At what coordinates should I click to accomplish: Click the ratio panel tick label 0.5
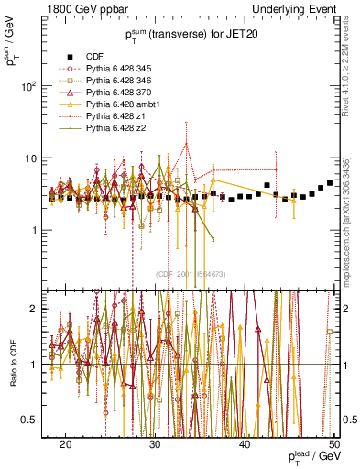[x=36, y=420]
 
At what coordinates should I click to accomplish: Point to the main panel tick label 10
[x=33, y=158]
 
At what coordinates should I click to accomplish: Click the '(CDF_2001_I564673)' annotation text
[x=191, y=274]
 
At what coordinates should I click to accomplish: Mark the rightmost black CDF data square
[x=330, y=183]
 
